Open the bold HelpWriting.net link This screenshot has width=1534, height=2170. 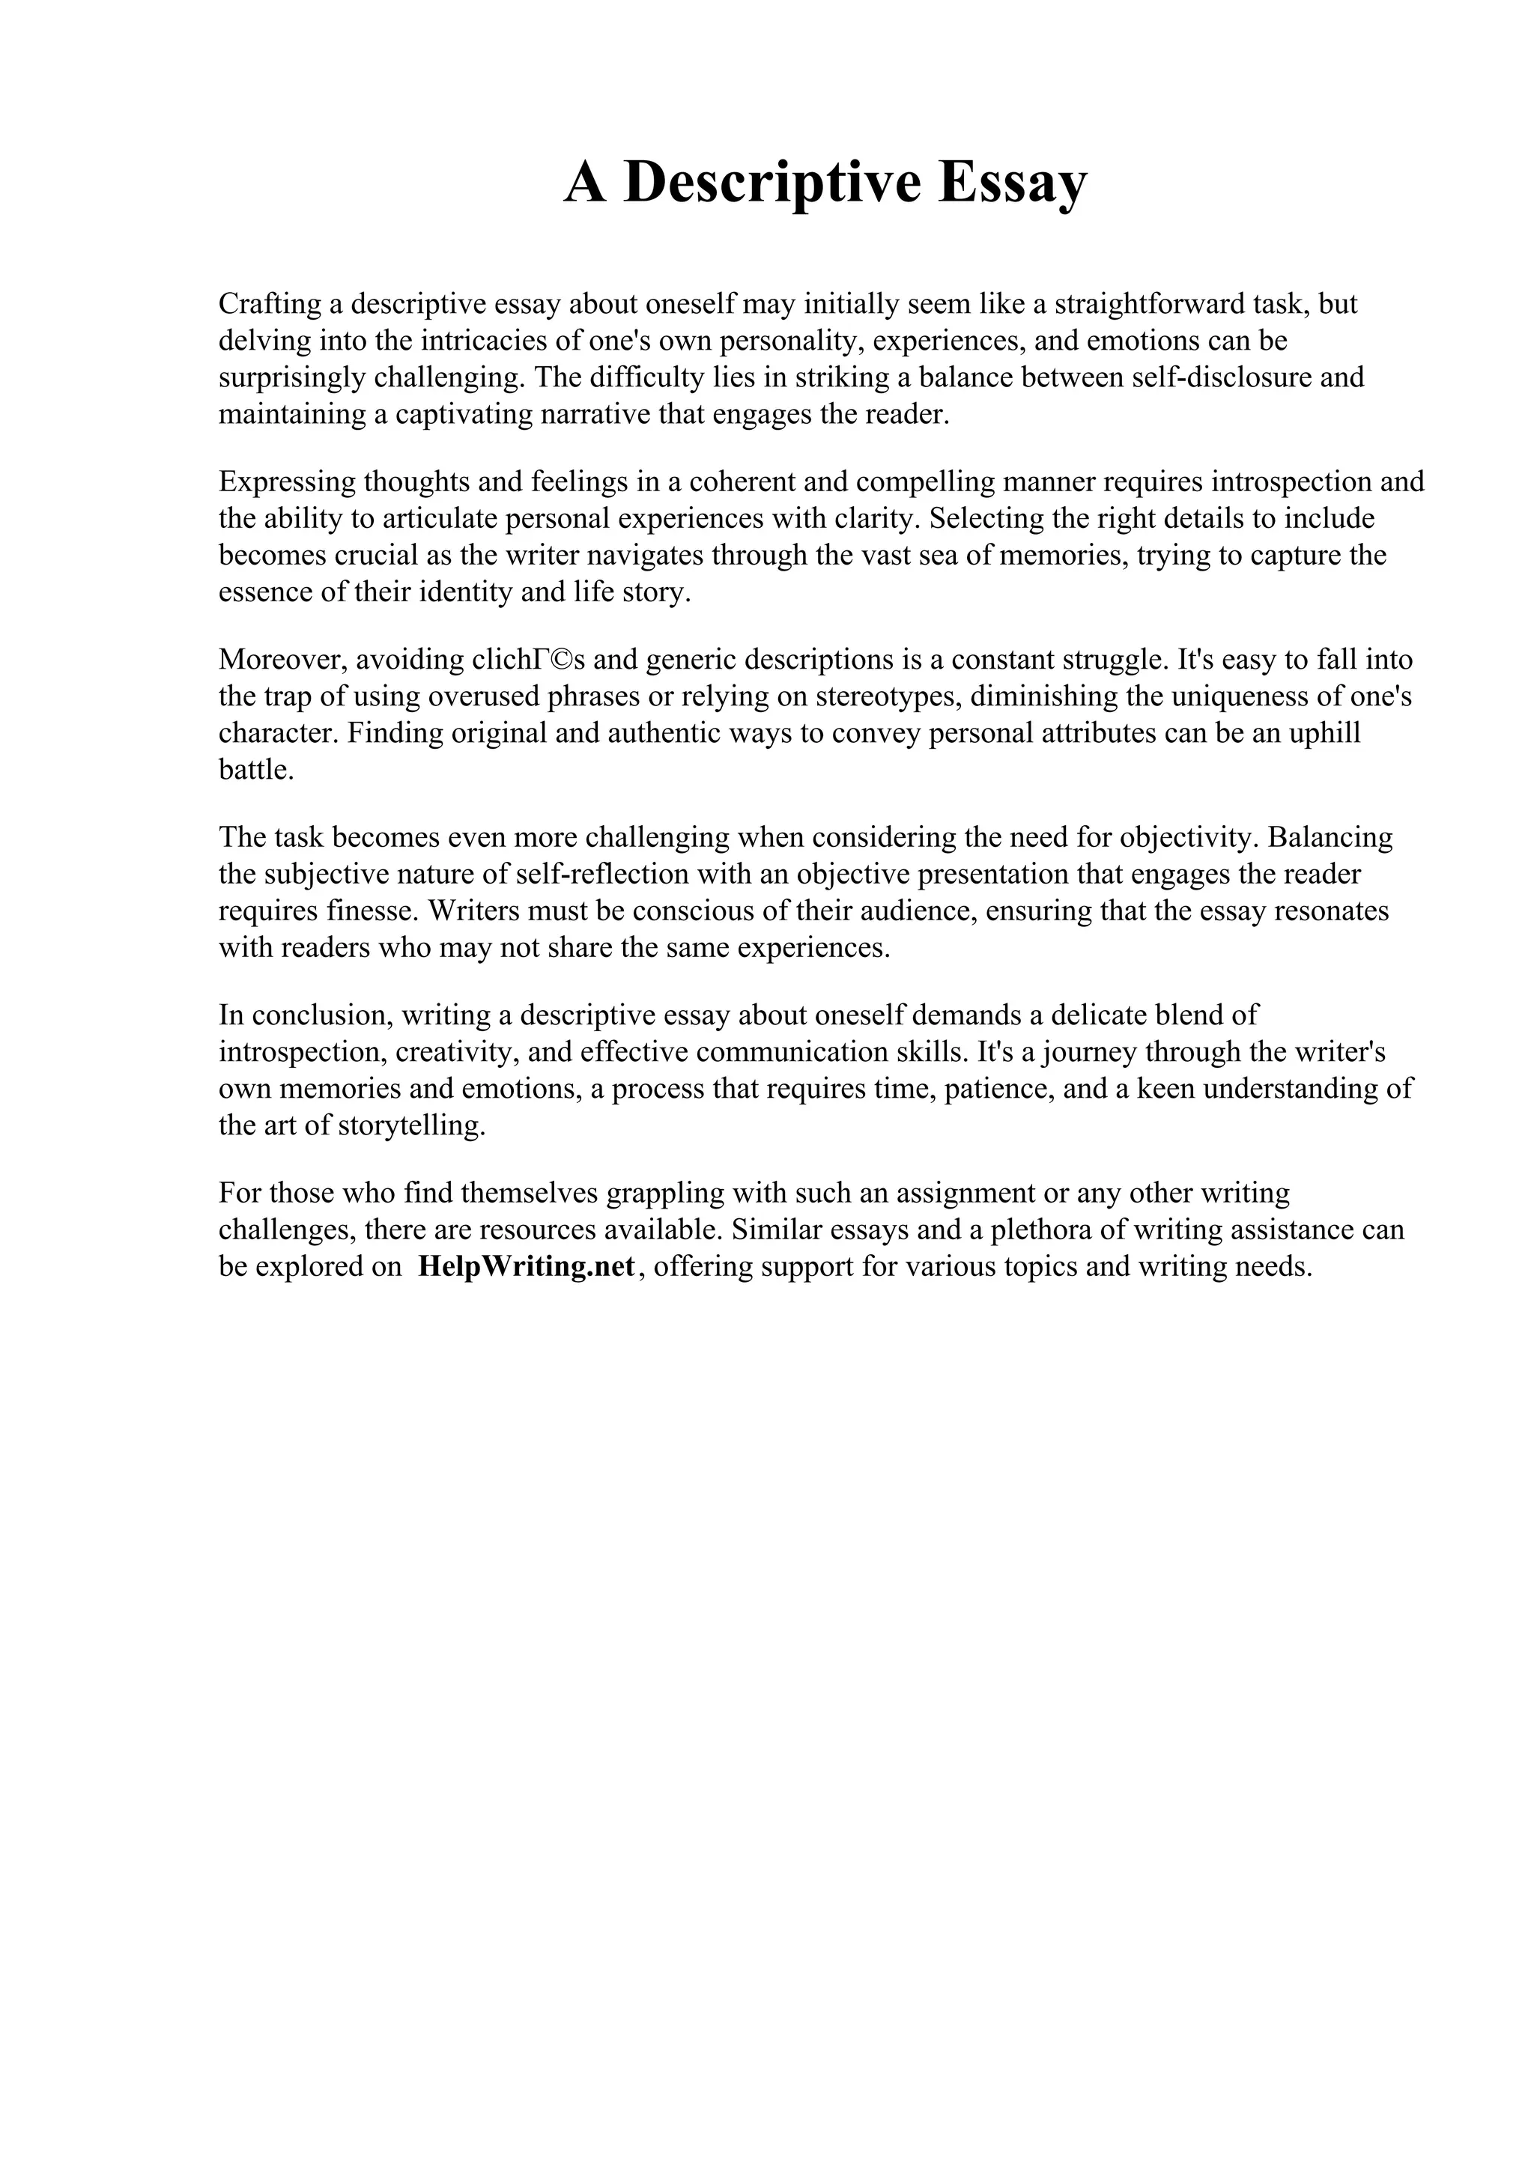click(527, 1266)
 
